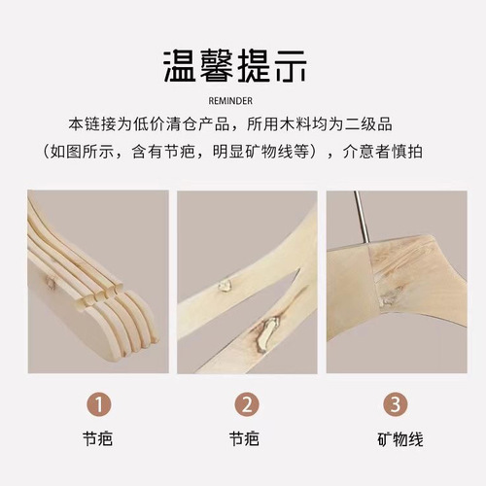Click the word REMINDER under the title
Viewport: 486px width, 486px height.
pos(243,100)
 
